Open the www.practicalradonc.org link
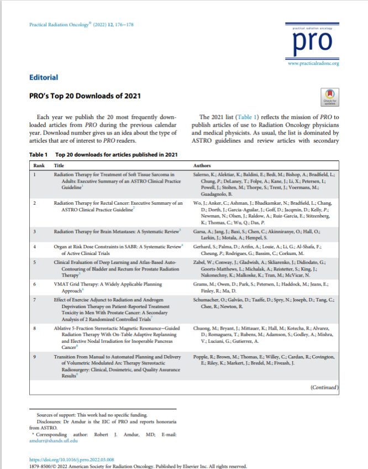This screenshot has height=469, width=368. point(313,64)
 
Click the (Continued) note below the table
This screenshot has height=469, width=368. point(324,404)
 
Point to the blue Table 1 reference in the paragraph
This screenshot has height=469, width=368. point(242,118)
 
